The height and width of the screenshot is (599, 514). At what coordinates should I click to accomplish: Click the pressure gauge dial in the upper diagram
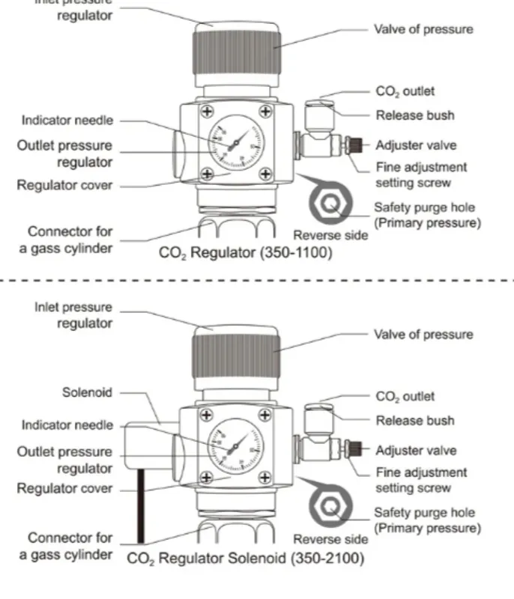coord(235,142)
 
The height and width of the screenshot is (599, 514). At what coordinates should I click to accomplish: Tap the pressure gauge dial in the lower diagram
coord(235,447)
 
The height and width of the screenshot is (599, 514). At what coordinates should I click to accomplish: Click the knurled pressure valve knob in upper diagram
coord(239,58)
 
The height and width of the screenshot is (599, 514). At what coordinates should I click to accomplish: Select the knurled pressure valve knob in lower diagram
coord(239,363)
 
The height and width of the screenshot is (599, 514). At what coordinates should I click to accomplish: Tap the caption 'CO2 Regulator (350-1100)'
coord(245,253)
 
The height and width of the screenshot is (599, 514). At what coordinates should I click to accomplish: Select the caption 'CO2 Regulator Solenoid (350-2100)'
coord(245,559)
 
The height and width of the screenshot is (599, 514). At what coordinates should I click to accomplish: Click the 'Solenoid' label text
coord(88,392)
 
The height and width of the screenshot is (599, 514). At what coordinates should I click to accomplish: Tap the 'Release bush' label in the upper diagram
coord(414,115)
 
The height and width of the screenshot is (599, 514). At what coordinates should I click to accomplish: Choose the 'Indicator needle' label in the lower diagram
coord(67,425)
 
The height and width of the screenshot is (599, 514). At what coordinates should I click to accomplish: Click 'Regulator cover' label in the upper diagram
coord(65,184)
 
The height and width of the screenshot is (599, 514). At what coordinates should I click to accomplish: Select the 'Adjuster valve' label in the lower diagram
coord(416,451)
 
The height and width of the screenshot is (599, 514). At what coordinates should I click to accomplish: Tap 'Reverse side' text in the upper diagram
coord(330,234)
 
